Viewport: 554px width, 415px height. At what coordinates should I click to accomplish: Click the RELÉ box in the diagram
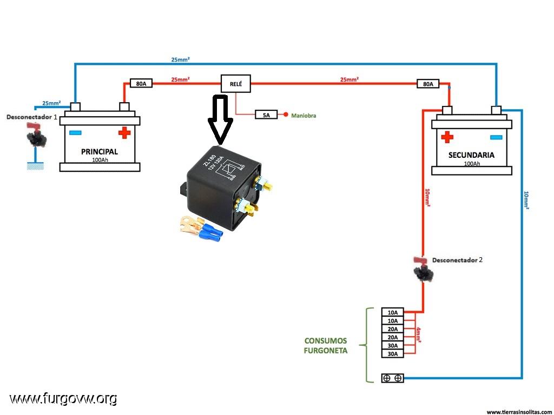[236, 84]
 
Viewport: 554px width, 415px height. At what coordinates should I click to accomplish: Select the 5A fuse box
[266, 115]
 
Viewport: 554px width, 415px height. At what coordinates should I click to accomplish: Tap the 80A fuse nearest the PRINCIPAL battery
[141, 83]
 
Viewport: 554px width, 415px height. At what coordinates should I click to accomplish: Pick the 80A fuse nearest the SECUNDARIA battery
[428, 84]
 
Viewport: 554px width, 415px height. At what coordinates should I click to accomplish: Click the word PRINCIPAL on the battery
[100, 152]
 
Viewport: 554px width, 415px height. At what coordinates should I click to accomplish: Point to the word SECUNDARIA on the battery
[471, 155]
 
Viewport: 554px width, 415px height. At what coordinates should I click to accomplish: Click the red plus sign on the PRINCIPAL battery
[124, 133]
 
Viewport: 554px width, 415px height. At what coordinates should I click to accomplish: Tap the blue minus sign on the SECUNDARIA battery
[496, 137]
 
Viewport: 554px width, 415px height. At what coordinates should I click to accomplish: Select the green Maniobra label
[304, 116]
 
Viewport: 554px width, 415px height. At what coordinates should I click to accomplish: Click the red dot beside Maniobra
[286, 115]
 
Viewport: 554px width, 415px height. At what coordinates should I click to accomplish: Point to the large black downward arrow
[220, 119]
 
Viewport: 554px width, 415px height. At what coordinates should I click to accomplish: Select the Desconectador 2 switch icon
[423, 270]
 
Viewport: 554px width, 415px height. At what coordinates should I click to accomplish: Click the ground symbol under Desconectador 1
[35, 166]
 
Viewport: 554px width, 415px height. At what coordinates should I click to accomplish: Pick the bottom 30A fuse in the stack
[393, 353]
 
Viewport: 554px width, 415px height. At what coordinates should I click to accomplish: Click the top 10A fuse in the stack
[393, 312]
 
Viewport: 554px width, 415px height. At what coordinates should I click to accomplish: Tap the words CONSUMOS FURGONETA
[325, 345]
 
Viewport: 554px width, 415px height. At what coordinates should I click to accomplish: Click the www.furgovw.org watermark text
[63, 399]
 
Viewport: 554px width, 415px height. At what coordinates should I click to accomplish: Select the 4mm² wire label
[418, 335]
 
